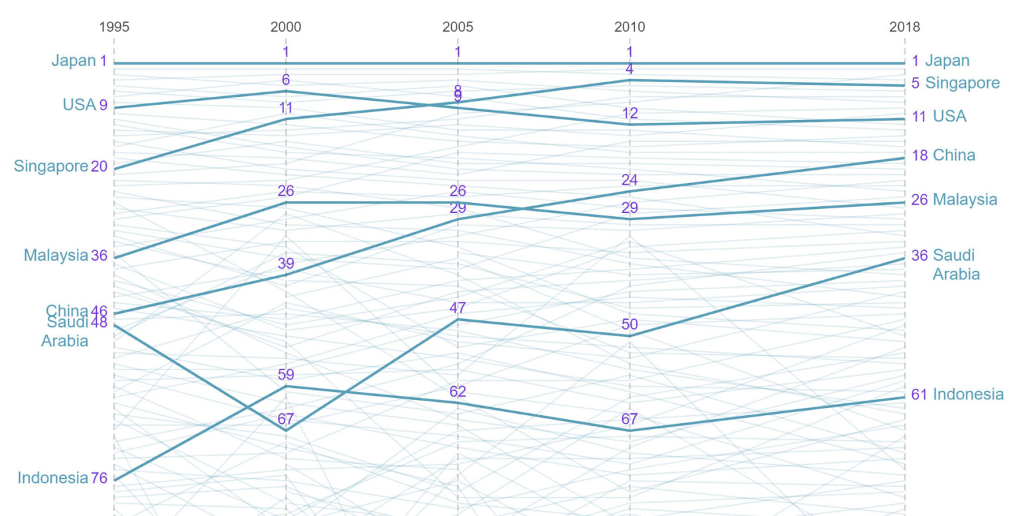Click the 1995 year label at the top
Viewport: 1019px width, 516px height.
(x=114, y=27)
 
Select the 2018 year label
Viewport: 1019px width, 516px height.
(x=905, y=27)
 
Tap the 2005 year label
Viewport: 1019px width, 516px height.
(x=458, y=27)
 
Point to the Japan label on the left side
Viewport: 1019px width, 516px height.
(x=74, y=61)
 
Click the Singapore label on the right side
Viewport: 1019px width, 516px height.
(x=962, y=83)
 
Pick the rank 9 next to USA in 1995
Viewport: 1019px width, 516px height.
(x=103, y=105)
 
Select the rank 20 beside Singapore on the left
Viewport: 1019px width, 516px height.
(x=99, y=166)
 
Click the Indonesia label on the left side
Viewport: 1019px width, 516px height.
(x=53, y=478)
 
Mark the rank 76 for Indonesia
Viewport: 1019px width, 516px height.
(x=99, y=478)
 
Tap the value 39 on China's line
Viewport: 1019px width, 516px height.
(x=286, y=263)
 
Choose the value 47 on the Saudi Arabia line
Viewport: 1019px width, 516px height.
(x=458, y=308)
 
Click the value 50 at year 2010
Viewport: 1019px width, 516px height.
(x=630, y=324)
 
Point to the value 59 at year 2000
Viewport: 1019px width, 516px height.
(x=286, y=375)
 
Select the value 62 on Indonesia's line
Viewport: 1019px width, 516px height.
(x=458, y=391)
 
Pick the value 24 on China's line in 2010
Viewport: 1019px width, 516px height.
(x=630, y=180)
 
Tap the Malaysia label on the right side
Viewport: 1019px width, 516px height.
(x=965, y=200)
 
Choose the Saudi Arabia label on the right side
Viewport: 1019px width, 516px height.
(x=956, y=265)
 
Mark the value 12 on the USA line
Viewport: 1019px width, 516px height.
(x=630, y=113)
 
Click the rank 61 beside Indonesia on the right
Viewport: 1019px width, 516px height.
(x=919, y=394)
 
